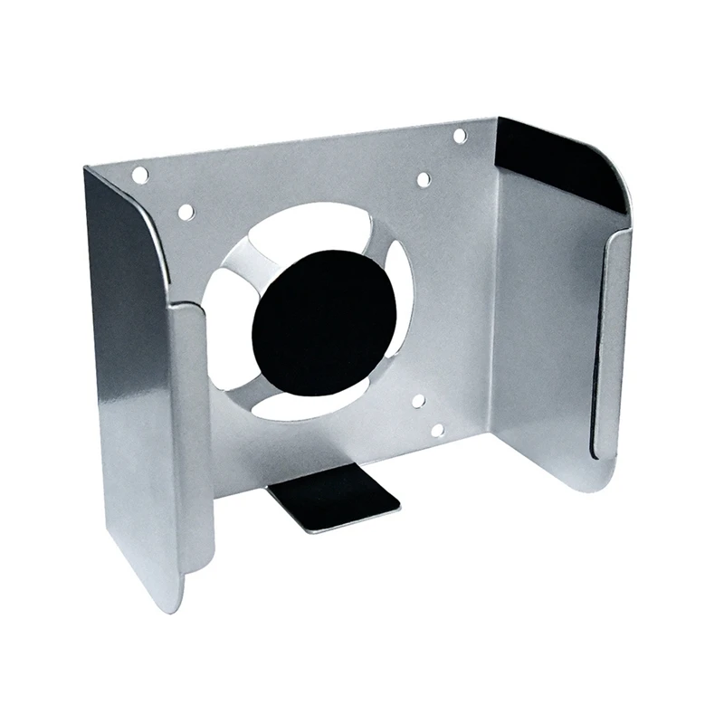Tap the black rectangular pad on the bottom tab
(x=334, y=500)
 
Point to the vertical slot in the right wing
(x=599, y=344)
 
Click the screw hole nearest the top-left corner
(x=140, y=175)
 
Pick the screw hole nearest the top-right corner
(x=460, y=136)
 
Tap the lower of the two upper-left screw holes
(x=186, y=212)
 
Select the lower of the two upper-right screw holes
(x=424, y=179)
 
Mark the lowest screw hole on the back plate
(x=437, y=431)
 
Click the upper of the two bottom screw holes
(x=418, y=400)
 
